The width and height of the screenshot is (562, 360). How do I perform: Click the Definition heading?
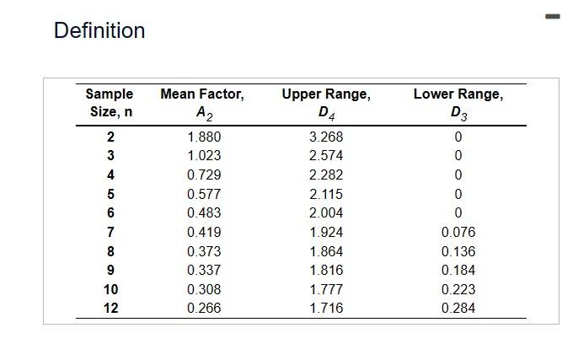[x=99, y=31]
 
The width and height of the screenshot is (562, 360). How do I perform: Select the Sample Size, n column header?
[x=110, y=103]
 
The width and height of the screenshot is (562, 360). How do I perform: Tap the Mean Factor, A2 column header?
[x=202, y=103]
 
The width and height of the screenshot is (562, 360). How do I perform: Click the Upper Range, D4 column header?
[x=326, y=103]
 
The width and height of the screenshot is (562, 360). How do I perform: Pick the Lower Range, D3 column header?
[x=458, y=103]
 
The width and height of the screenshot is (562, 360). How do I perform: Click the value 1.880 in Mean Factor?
[x=204, y=137]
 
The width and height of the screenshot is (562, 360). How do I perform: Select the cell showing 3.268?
[x=326, y=137]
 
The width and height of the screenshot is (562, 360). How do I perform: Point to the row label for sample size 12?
[x=110, y=308]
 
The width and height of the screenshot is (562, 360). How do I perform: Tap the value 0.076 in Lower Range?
[x=458, y=232]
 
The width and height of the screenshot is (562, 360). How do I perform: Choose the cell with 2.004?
[x=326, y=212]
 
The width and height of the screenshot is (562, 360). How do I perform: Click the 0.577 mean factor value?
[x=204, y=194]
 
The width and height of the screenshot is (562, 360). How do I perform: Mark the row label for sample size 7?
[x=110, y=232]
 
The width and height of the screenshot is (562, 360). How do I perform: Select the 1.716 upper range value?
[x=326, y=308]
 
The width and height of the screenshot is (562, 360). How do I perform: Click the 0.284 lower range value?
[x=458, y=308]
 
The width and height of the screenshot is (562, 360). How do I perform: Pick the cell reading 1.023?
[x=204, y=156]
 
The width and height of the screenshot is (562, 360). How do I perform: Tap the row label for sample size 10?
[x=110, y=289]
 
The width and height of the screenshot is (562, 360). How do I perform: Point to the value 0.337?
[x=204, y=270]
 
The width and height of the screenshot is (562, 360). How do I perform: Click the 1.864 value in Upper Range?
[x=326, y=251]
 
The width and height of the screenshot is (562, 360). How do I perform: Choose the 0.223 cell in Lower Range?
[x=458, y=289]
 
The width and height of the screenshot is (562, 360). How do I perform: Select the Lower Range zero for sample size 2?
[x=458, y=137]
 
